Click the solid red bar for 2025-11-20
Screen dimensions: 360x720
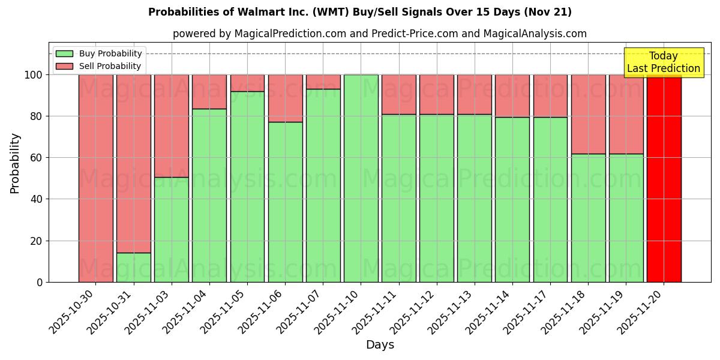[664, 178]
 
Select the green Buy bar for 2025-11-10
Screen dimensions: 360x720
[361, 178]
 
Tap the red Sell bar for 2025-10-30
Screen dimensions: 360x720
[95, 178]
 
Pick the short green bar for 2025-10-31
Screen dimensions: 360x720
[133, 268]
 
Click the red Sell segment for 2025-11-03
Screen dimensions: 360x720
[171, 126]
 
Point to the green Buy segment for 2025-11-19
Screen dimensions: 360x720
[626, 218]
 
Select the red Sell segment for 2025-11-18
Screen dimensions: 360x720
[588, 114]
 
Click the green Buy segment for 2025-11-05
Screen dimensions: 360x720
[247, 187]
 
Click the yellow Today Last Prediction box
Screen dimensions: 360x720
[663, 62]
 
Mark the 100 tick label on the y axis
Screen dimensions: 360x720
[34, 75]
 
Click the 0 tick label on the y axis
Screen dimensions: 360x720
[40, 282]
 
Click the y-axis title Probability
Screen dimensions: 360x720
[15, 163]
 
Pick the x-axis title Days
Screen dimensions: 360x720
[380, 345]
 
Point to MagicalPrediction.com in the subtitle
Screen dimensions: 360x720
[290, 34]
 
